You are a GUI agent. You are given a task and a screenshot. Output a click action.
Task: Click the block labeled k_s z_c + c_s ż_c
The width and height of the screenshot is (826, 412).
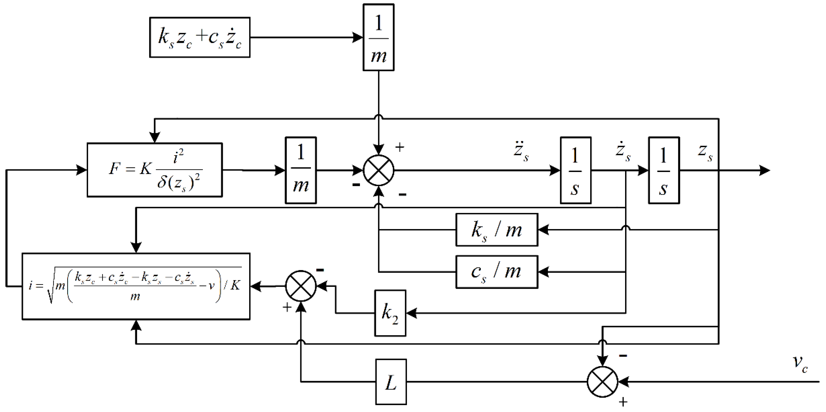pyautogui.click(x=199, y=37)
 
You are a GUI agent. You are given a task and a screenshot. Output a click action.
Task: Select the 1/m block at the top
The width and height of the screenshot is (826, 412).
pyautogui.click(x=378, y=37)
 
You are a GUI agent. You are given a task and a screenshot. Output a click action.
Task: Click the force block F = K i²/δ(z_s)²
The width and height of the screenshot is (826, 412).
pyautogui.click(x=155, y=170)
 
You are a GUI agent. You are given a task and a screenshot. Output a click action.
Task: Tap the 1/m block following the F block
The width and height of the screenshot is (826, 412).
pyautogui.click(x=301, y=170)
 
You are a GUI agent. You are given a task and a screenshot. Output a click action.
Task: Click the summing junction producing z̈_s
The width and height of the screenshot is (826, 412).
pyautogui.click(x=378, y=170)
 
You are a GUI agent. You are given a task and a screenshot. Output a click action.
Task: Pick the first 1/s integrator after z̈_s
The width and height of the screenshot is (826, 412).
pyautogui.click(x=576, y=170)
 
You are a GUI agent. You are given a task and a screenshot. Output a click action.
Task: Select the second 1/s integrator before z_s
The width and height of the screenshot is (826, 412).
pyautogui.click(x=664, y=170)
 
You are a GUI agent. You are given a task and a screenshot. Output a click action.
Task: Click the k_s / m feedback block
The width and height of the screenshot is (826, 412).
pyautogui.click(x=497, y=230)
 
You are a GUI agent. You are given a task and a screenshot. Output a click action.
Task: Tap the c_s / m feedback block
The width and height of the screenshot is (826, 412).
pyautogui.click(x=497, y=272)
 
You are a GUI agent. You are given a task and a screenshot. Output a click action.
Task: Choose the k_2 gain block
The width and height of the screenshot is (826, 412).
pyautogui.click(x=390, y=313)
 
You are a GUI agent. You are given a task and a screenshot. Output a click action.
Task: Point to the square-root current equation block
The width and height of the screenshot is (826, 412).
pyautogui.click(x=136, y=286)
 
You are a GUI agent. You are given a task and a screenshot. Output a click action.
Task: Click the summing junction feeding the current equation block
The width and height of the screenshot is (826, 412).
pyautogui.click(x=301, y=286)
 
